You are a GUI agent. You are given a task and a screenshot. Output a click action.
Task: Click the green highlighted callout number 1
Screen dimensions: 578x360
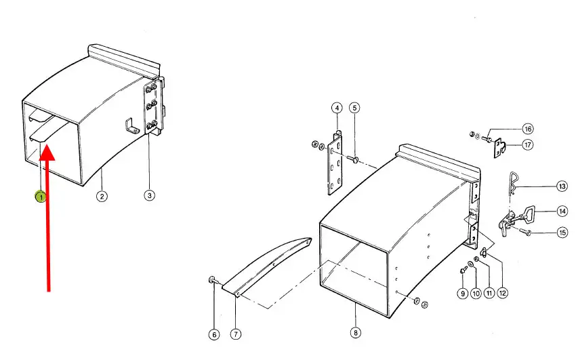tap(41, 197)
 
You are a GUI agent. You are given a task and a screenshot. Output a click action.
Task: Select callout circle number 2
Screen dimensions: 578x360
tap(102, 196)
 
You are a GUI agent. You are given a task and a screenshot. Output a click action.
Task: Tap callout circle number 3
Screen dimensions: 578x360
tap(149, 195)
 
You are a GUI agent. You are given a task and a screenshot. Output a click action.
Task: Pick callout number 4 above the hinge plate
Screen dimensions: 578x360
tap(337, 108)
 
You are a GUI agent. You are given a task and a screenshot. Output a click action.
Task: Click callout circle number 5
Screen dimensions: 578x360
tap(354, 108)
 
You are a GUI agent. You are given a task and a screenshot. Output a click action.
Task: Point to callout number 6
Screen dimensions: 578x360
tap(214, 334)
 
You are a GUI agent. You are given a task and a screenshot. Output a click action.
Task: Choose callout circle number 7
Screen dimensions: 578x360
tap(236, 334)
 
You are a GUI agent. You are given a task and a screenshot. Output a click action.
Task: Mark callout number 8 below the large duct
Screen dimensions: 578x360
tap(355, 333)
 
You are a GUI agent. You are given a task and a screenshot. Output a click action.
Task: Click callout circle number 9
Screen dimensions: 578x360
tap(463, 294)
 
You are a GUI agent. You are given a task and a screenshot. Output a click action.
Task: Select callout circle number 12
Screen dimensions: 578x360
tap(502, 294)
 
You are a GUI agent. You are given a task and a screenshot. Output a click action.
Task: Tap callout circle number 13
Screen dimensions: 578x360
tap(562, 186)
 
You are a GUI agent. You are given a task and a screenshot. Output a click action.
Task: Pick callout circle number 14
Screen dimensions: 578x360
tap(562, 212)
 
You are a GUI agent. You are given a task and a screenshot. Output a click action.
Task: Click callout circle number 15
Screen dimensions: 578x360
tap(562, 233)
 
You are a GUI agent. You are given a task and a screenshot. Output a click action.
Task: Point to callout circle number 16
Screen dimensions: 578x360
tap(528, 129)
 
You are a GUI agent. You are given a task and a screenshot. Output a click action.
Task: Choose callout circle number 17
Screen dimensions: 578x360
tap(527, 144)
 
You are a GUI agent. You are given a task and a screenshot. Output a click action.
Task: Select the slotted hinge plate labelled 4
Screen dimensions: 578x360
tap(335, 164)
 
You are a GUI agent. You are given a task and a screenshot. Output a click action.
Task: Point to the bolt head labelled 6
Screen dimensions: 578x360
tap(212, 279)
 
